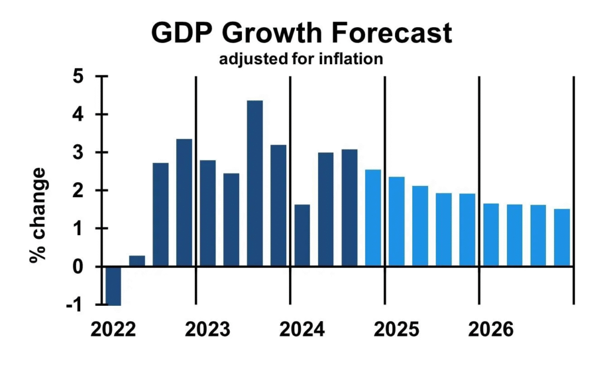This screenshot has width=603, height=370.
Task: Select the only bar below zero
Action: point(113,285)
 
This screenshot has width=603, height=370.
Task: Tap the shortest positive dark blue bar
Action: point(137,261)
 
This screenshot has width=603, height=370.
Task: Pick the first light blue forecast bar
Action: point(373,218)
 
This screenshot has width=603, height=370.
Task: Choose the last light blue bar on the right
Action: point(562,237)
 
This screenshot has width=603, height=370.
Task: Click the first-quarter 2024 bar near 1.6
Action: point(301,235)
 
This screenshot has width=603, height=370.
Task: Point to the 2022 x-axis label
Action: point(113,329)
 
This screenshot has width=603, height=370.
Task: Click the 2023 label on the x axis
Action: point(207,329)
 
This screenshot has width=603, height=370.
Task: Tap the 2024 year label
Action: point(301,329)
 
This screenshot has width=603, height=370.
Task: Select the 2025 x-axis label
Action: point(396,329)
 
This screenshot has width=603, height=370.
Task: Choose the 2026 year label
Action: point(491,329)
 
